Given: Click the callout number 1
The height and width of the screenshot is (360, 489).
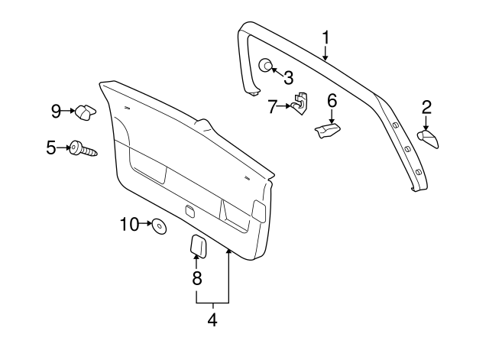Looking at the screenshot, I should pyautogui.click(x=326, y=36).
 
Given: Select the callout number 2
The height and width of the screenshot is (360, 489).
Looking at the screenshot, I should pyautogui.click(x=426, y=106).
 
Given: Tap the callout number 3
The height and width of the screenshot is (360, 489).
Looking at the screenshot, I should pyautogui.click(x=288, y=76).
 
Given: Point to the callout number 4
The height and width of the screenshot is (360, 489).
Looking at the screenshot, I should pyautogui.click(x=212, y=320).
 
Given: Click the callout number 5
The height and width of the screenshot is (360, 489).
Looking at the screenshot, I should pyautogui.click(x=51, y=148).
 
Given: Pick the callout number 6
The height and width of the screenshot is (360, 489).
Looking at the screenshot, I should pyautogui.click(x=332, y=101).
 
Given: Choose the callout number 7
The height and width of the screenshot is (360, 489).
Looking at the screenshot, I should pyautogui.click(x=273, y=106).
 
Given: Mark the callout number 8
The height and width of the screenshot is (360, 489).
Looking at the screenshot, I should pyautogui.click(x=196, y=277).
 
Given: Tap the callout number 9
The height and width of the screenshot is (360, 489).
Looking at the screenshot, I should pyautogui.click(x=56, y=112).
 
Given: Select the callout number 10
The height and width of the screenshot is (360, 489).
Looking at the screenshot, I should pyautogui.click(x=129, y=224).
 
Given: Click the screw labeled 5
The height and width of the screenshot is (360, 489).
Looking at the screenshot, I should pyautogui.click(x=83, y=149).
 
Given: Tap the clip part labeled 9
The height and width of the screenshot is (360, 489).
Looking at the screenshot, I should pyautogui.click(x=84, y=112).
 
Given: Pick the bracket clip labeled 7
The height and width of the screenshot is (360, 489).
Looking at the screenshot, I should pyautogui.click(x=300, y=102).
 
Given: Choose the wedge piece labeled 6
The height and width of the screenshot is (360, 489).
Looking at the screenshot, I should pyautogui.click(x=327, y=131).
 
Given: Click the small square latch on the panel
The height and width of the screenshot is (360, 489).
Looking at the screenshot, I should pyautogui.click(x=189, y=209).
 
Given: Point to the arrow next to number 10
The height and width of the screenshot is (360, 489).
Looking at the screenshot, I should pyautogui.click(x=147, y=225).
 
